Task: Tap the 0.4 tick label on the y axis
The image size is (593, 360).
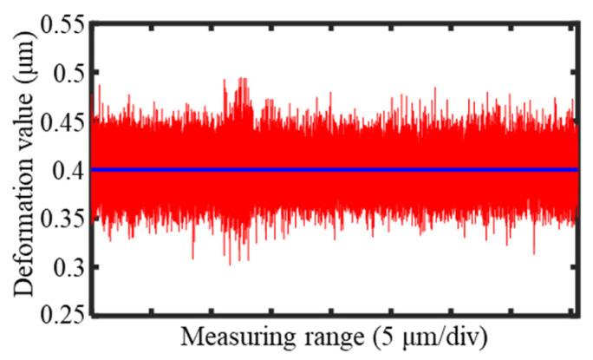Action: click(64, 170)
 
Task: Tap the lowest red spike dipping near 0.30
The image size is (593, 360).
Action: click(230, 262)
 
